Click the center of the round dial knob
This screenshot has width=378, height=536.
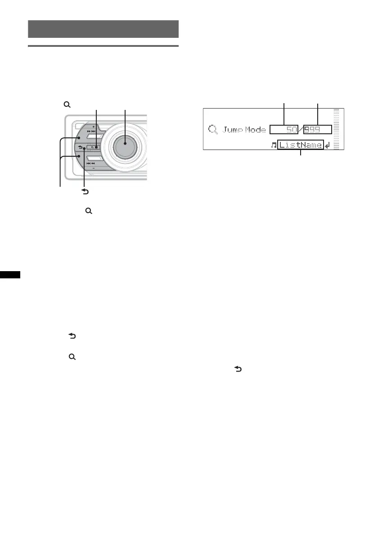[125, 145]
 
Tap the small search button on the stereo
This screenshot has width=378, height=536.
[94, 147]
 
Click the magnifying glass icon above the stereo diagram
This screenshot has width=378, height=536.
[67, 104]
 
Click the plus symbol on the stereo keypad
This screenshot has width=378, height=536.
[93, 127]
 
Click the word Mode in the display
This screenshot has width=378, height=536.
[255, 130]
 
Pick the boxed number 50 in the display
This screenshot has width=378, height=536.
[284, 130]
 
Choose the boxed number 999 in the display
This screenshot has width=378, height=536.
[318, 130]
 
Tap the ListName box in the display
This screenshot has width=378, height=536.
[300, 145]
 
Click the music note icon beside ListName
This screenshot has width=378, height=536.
[274, 145]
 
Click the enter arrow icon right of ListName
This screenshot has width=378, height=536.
[327, 145]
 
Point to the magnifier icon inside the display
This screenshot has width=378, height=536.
[213, 130]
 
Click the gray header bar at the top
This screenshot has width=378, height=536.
[103, 29]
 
